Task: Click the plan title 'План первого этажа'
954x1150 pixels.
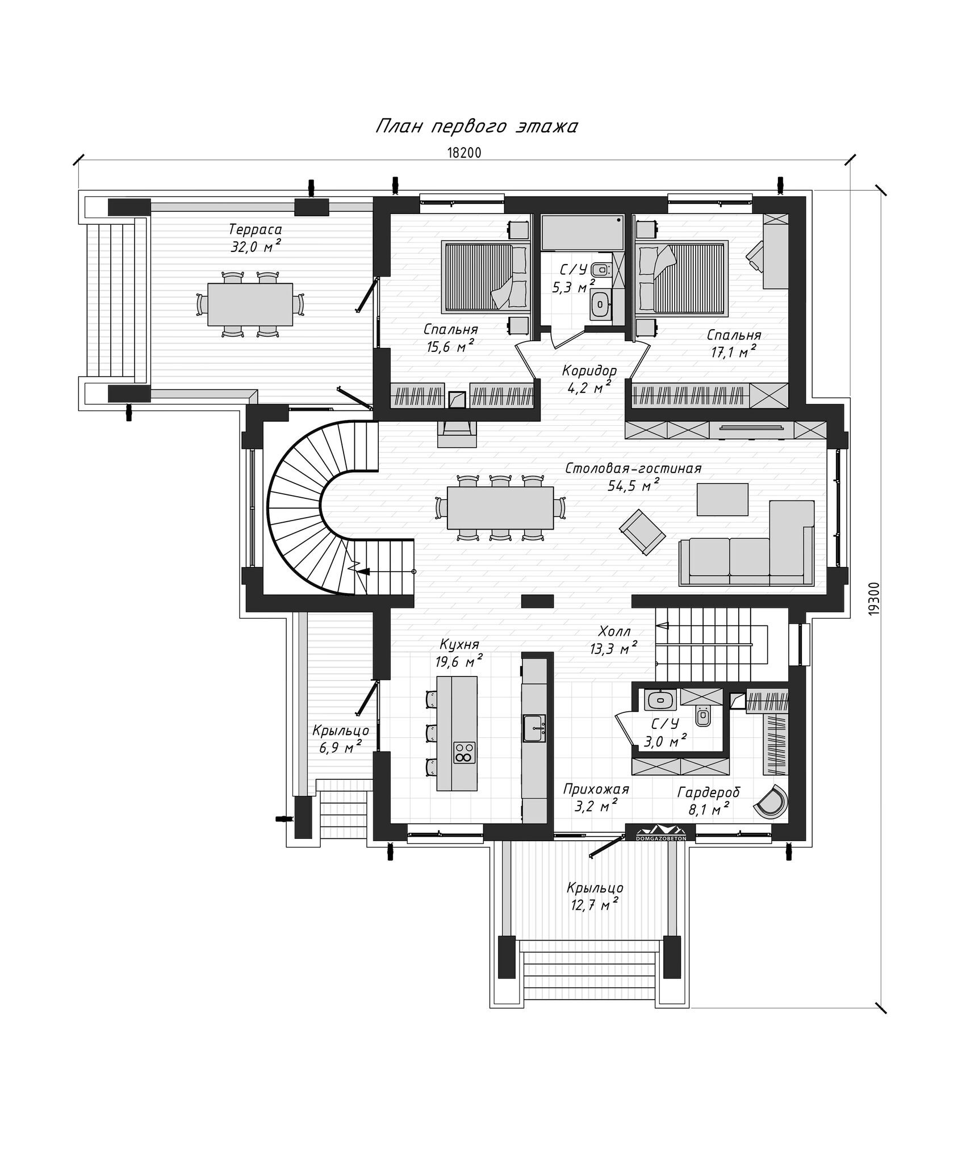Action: (x=476, y=127)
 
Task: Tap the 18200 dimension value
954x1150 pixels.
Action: (x=464, y=153)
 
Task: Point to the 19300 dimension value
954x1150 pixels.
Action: (x=874, y=598)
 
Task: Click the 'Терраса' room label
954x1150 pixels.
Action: (x=255, y=229)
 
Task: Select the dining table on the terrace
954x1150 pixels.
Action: (x=250, y=304)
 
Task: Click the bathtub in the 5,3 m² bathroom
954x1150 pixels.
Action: (x=582, y=232)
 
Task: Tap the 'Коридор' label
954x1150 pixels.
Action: (x=589, y=371)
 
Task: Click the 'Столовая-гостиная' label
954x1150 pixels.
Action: (x=633, y=468)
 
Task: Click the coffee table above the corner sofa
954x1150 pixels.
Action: (x=722, y=499)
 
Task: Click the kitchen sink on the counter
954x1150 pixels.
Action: (x=534, y=728)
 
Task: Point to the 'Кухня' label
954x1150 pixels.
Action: (x=459, y=644)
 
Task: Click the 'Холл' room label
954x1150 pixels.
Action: (x=614, y=631)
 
